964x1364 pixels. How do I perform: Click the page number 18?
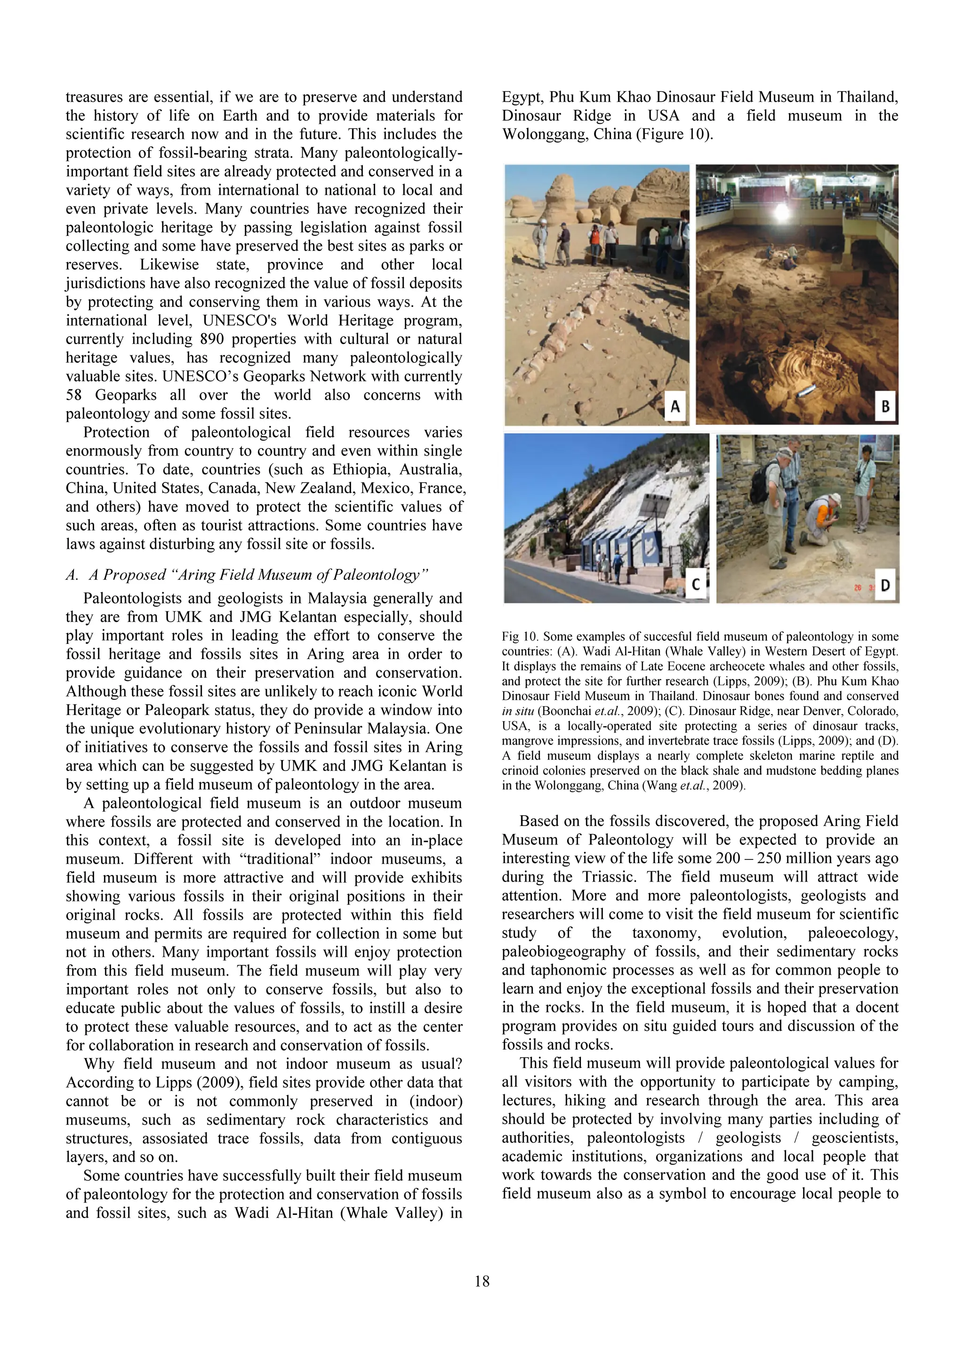482,1282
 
